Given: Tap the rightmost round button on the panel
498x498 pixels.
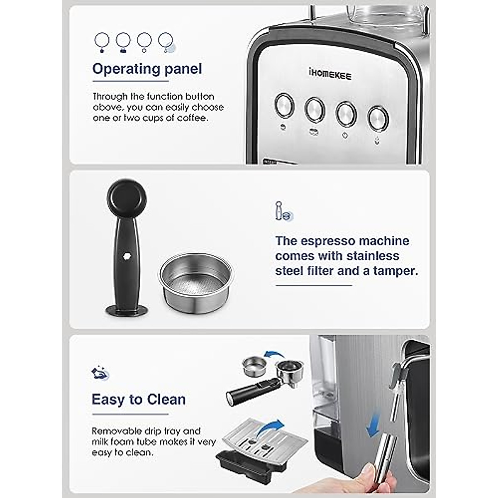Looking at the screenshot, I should click(x=378, y=118).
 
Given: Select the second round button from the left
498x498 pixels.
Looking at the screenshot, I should click(x=315, y=110).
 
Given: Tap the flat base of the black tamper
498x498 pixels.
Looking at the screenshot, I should click(x=127, y=310).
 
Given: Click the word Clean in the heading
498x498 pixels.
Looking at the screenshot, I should click(x=166, y=399).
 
